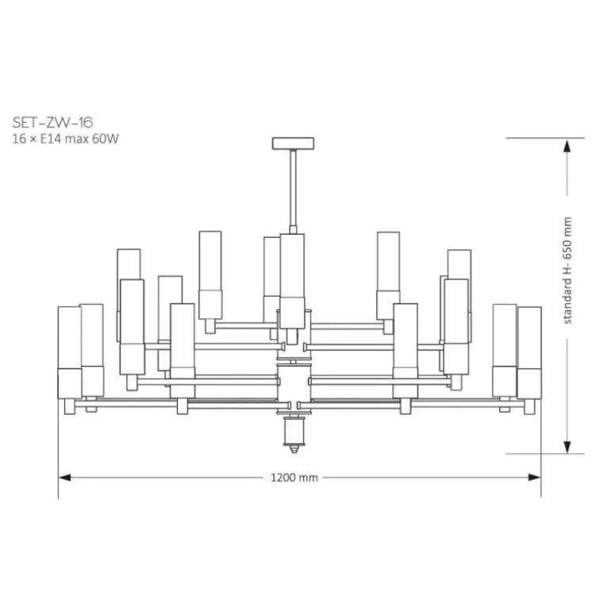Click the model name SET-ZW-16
52,123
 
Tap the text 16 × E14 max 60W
65,139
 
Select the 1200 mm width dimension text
294,478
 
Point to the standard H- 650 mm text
567,271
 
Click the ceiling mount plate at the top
293,144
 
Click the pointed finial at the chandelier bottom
294,449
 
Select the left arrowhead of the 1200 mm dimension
65,478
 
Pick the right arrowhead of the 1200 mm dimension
535,478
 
